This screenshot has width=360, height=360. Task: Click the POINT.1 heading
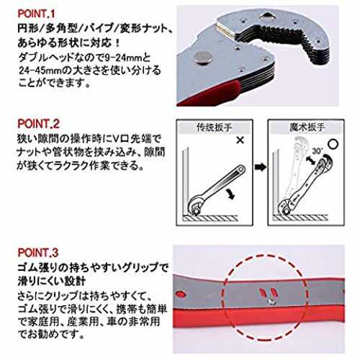[x=37, y=14]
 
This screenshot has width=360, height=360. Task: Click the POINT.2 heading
[x=38, y=124]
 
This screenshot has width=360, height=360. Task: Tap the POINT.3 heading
[x=38, y=253]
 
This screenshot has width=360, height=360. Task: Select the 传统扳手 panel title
[x=214, y=127]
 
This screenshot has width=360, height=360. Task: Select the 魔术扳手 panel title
[x=307, y=127]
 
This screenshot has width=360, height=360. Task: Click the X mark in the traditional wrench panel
[x=240, y=140]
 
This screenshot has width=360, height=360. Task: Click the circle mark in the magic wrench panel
[x=333, y=144]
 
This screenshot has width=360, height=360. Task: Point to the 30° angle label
[x=318, y=150]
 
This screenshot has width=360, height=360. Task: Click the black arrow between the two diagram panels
[x=261, y=167]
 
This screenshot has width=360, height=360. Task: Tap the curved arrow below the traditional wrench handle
[x=230, y=194]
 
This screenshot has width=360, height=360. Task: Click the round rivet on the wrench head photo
[x=203, y=58]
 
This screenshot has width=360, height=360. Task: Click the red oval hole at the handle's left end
[x=181, y=294]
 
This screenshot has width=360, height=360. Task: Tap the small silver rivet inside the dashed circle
[x=271, y=301]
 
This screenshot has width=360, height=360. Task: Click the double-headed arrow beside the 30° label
[x=311, y=160]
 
